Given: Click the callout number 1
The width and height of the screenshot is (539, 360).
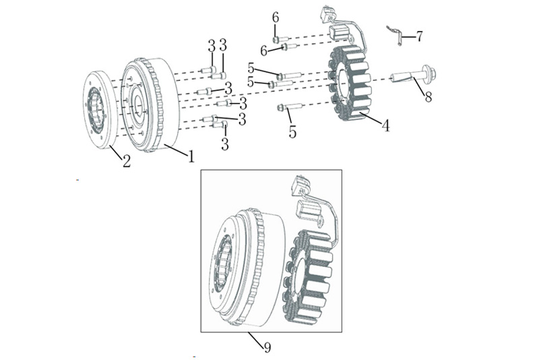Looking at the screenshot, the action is click(191, 156).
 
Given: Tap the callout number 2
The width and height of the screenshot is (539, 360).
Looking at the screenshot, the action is click(127, 161).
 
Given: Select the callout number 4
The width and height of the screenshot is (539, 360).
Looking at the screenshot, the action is click(386, 125).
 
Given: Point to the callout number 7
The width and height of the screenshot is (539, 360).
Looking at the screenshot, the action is click(419, 36).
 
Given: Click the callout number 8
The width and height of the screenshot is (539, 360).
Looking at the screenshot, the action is click(428, 96).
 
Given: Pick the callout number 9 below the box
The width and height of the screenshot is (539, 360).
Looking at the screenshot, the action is click(267, 347).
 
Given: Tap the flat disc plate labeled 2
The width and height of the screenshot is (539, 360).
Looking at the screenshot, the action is click(98, 110).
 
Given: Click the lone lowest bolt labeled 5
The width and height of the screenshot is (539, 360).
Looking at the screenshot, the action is click(289, 107).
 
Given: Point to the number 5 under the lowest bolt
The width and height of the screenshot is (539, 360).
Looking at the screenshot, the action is click(292, 131).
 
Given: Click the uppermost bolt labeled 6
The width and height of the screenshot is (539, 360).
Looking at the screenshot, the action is click(281, 39).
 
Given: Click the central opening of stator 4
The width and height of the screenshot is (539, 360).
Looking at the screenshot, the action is click(343, 85).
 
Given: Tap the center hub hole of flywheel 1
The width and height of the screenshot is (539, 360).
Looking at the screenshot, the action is click(139, 104).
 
